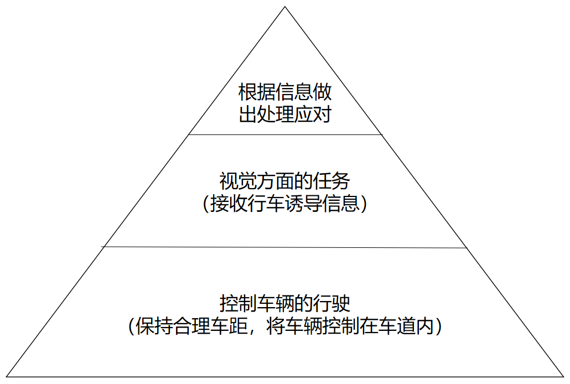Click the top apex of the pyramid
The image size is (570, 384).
285,7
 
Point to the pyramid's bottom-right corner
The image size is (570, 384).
563,376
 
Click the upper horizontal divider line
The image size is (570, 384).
285,134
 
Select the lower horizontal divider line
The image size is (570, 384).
285,247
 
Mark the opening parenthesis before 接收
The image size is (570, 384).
207,205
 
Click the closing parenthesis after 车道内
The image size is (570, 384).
438,326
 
